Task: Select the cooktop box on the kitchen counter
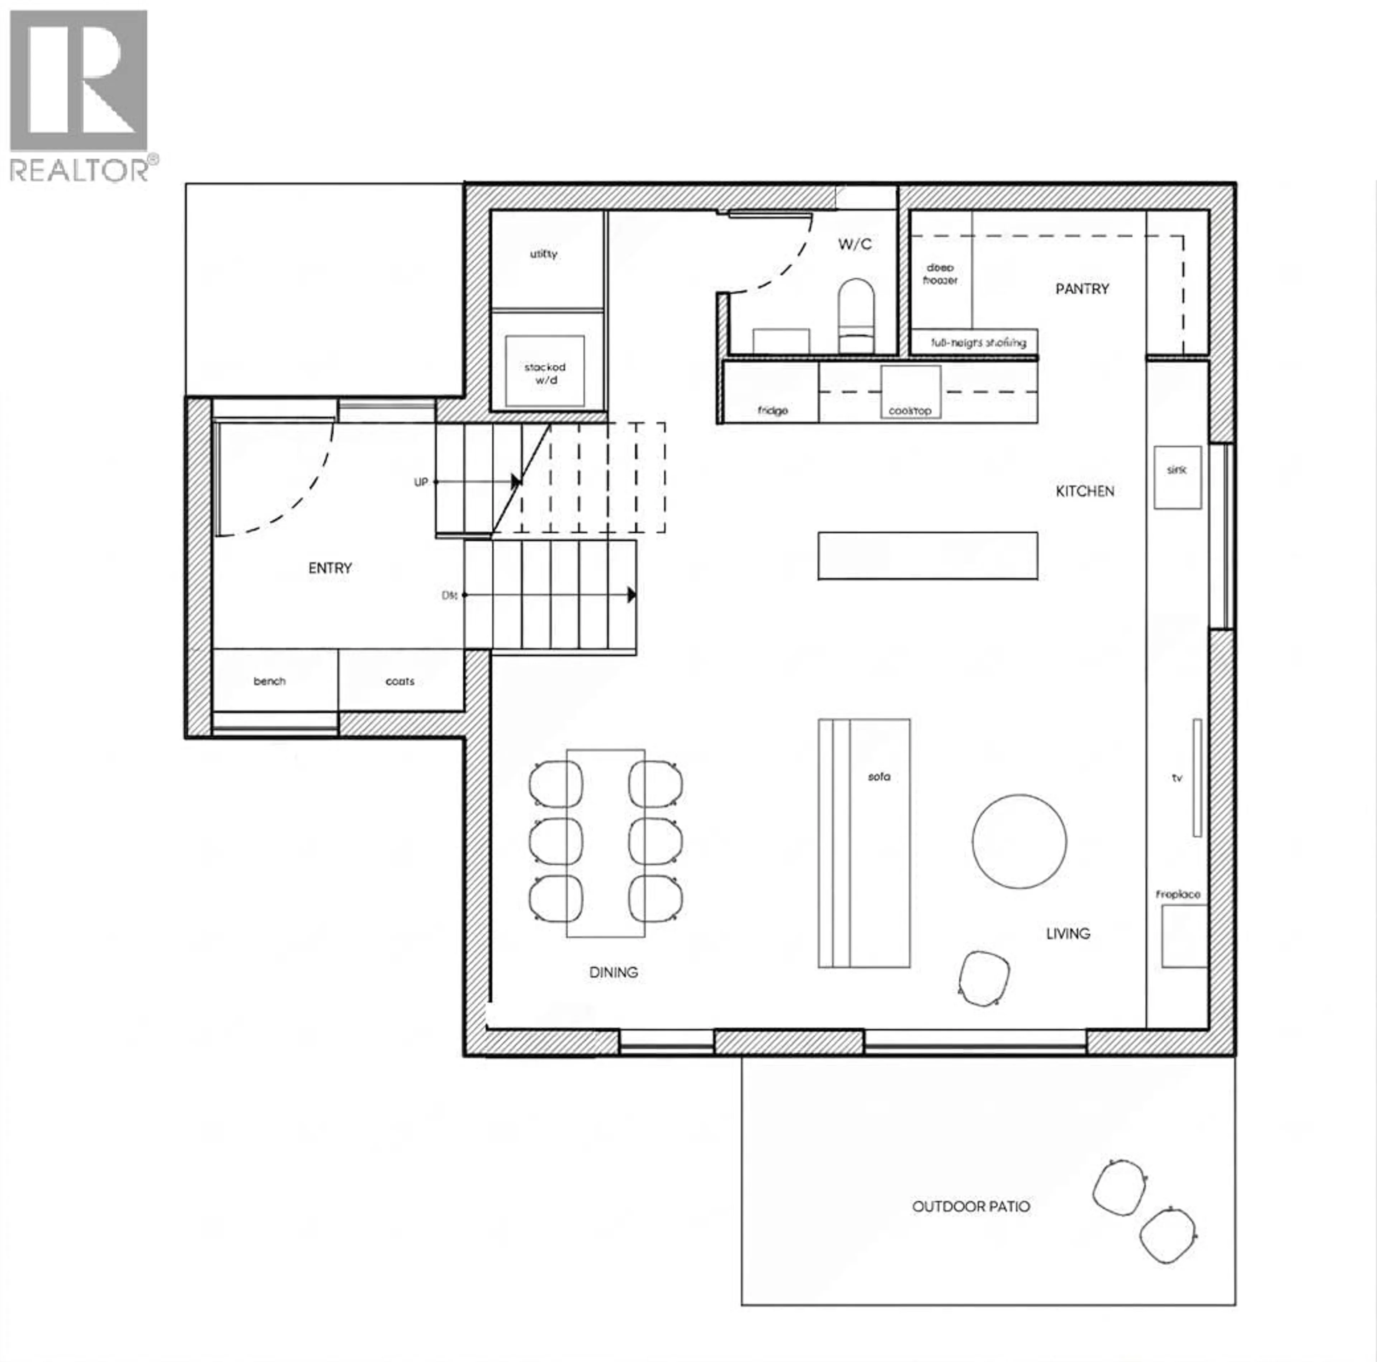[x=910, y=391]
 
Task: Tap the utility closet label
[x=543, y=254]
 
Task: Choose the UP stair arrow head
[x=516, y=482]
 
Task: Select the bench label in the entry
[x=269, y=681]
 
